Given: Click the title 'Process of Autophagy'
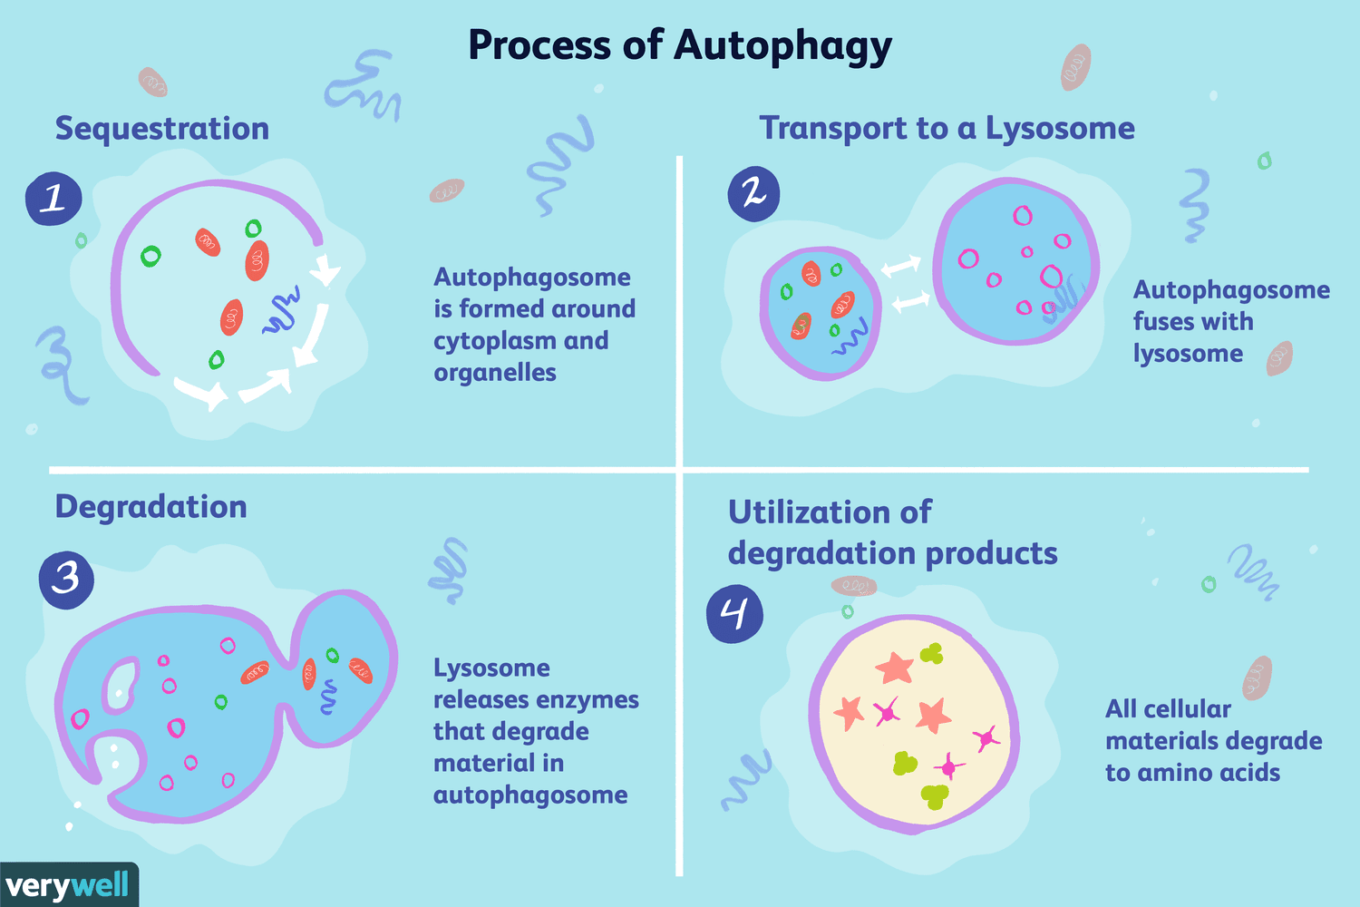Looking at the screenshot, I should coord(679,45).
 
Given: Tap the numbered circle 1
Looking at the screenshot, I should coord(53,199).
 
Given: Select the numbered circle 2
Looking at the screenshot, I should coord(753,194).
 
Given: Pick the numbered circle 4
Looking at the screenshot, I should coord(734,614).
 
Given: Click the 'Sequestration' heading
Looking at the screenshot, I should coord(162,129).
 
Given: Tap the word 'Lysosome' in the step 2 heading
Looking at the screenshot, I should coord(1060,129).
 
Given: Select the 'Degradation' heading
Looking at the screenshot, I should coord(151,507).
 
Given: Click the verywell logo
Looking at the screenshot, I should coord(68,885).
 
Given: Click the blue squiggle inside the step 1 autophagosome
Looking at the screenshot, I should coord(281,313).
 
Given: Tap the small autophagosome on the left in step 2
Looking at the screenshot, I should coord(820,313).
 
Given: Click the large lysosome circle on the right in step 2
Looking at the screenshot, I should coord(1015,261).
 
